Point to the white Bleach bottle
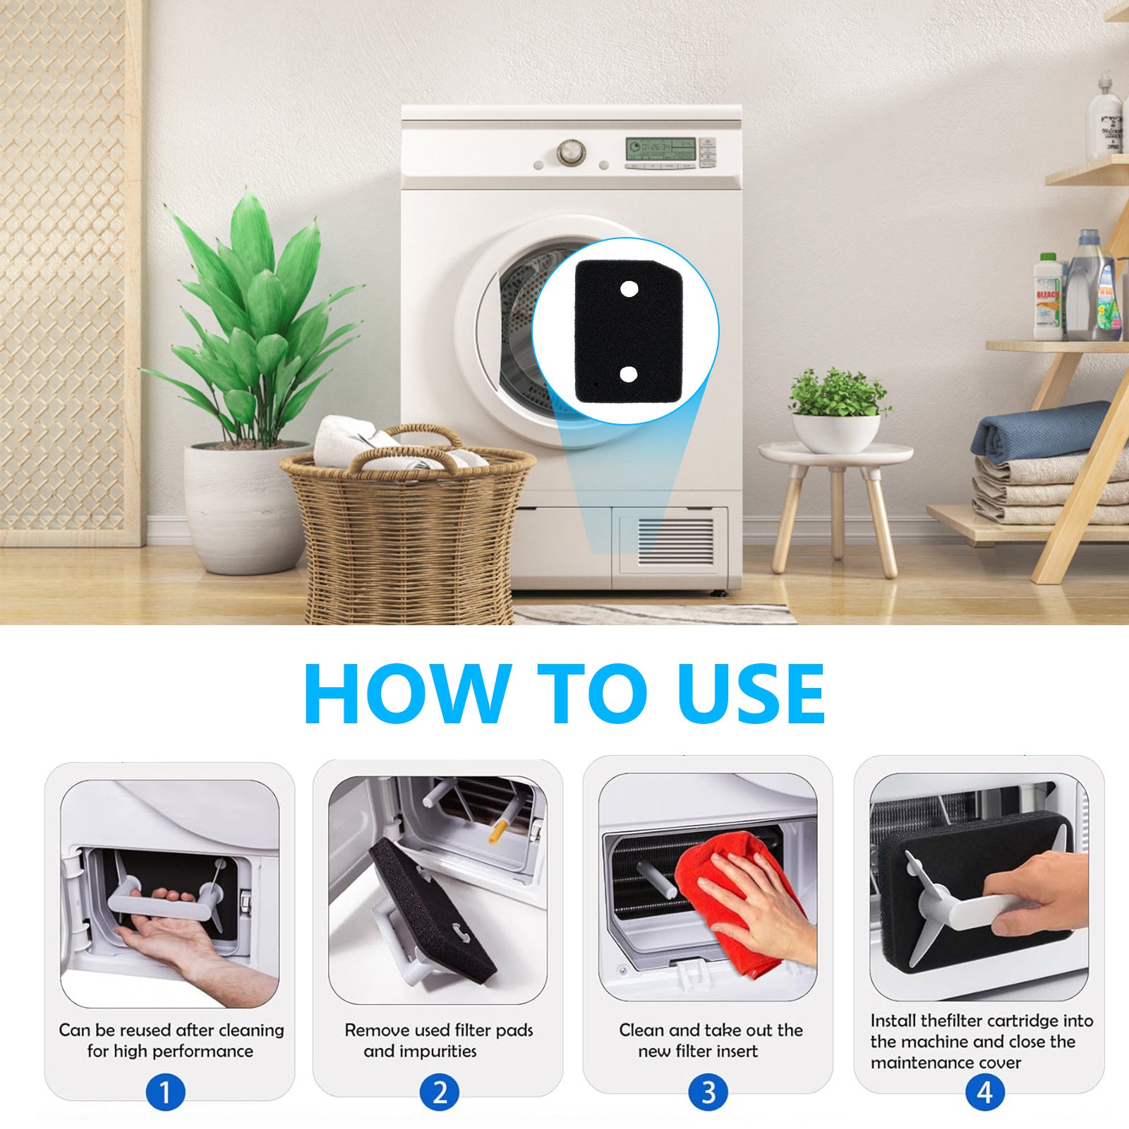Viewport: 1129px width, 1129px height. pyautogui.click(x=1048, y=297)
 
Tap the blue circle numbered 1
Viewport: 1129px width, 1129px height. pyautogui.click(x=166, y=1093)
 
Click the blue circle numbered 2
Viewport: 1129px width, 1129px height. pyautogui.click(x=439, y=1093)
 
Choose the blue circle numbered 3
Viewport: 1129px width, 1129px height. pyautogui.click(x=708, y=1093)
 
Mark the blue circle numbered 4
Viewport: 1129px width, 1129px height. pyautogui.click(x=984, y=1093)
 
